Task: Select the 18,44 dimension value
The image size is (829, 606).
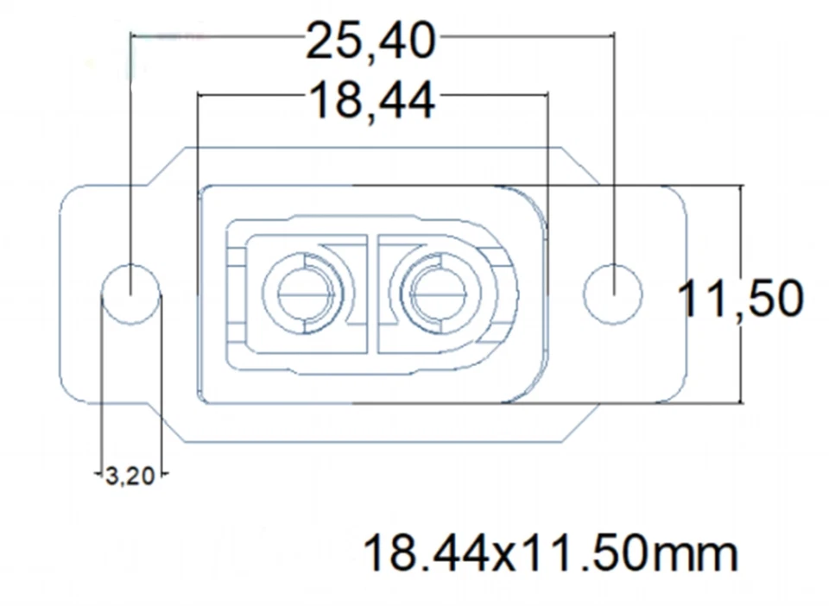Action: click(371, 102)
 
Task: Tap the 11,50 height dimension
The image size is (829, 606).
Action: click(740, 299)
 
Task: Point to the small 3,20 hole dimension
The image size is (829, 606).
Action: click(130, 476)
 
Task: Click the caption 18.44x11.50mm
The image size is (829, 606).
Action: click(550, 552)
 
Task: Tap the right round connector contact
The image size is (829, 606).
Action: click(439, 294)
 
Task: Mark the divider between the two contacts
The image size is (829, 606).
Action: click(372, 294)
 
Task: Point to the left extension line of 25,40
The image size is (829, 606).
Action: click(130, 129)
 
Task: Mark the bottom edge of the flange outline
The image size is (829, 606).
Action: click(371, 443)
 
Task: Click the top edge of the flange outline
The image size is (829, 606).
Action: click(371, 148)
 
